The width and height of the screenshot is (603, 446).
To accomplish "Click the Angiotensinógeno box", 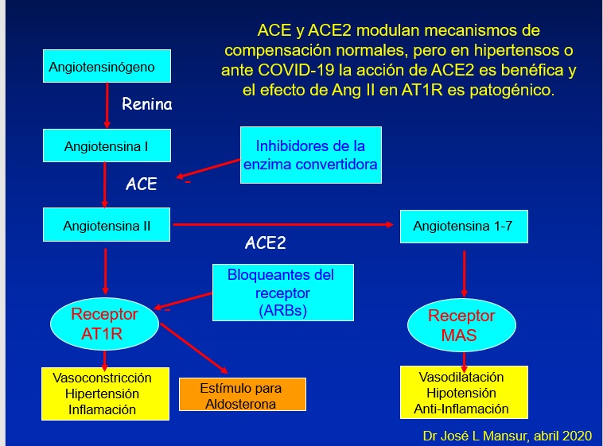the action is coord(107,66).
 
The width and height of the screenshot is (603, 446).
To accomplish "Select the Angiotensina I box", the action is coord(107,145).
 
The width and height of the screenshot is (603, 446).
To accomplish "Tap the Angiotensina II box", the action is coord(107,224).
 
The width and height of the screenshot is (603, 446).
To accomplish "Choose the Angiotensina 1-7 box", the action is coord(464,227).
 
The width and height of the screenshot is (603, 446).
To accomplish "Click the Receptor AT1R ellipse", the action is coord(104,324).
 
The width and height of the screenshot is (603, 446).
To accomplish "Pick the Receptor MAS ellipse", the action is coord(462,325).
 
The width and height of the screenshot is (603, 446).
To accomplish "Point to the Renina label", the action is coord(147,104).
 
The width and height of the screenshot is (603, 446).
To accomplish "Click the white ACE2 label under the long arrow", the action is coord(266,242).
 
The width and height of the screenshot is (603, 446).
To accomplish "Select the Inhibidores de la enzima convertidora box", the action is coord(311,155).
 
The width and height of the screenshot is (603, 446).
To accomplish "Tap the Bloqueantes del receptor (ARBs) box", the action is coord(283,293).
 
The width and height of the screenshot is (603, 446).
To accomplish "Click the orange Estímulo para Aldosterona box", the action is coord(243,394).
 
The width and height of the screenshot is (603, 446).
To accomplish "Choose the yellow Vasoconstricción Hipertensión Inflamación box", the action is coord(105,394).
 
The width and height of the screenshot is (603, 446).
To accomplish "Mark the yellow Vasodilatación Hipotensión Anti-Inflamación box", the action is coord(464,392).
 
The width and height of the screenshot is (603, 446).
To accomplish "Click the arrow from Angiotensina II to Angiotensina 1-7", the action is coord(283,224).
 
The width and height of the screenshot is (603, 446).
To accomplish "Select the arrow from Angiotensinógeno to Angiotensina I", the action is coord(107,106).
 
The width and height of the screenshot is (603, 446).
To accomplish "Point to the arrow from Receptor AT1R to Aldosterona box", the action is coord(194,348).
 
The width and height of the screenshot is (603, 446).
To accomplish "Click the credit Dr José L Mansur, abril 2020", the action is coord(508,436).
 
